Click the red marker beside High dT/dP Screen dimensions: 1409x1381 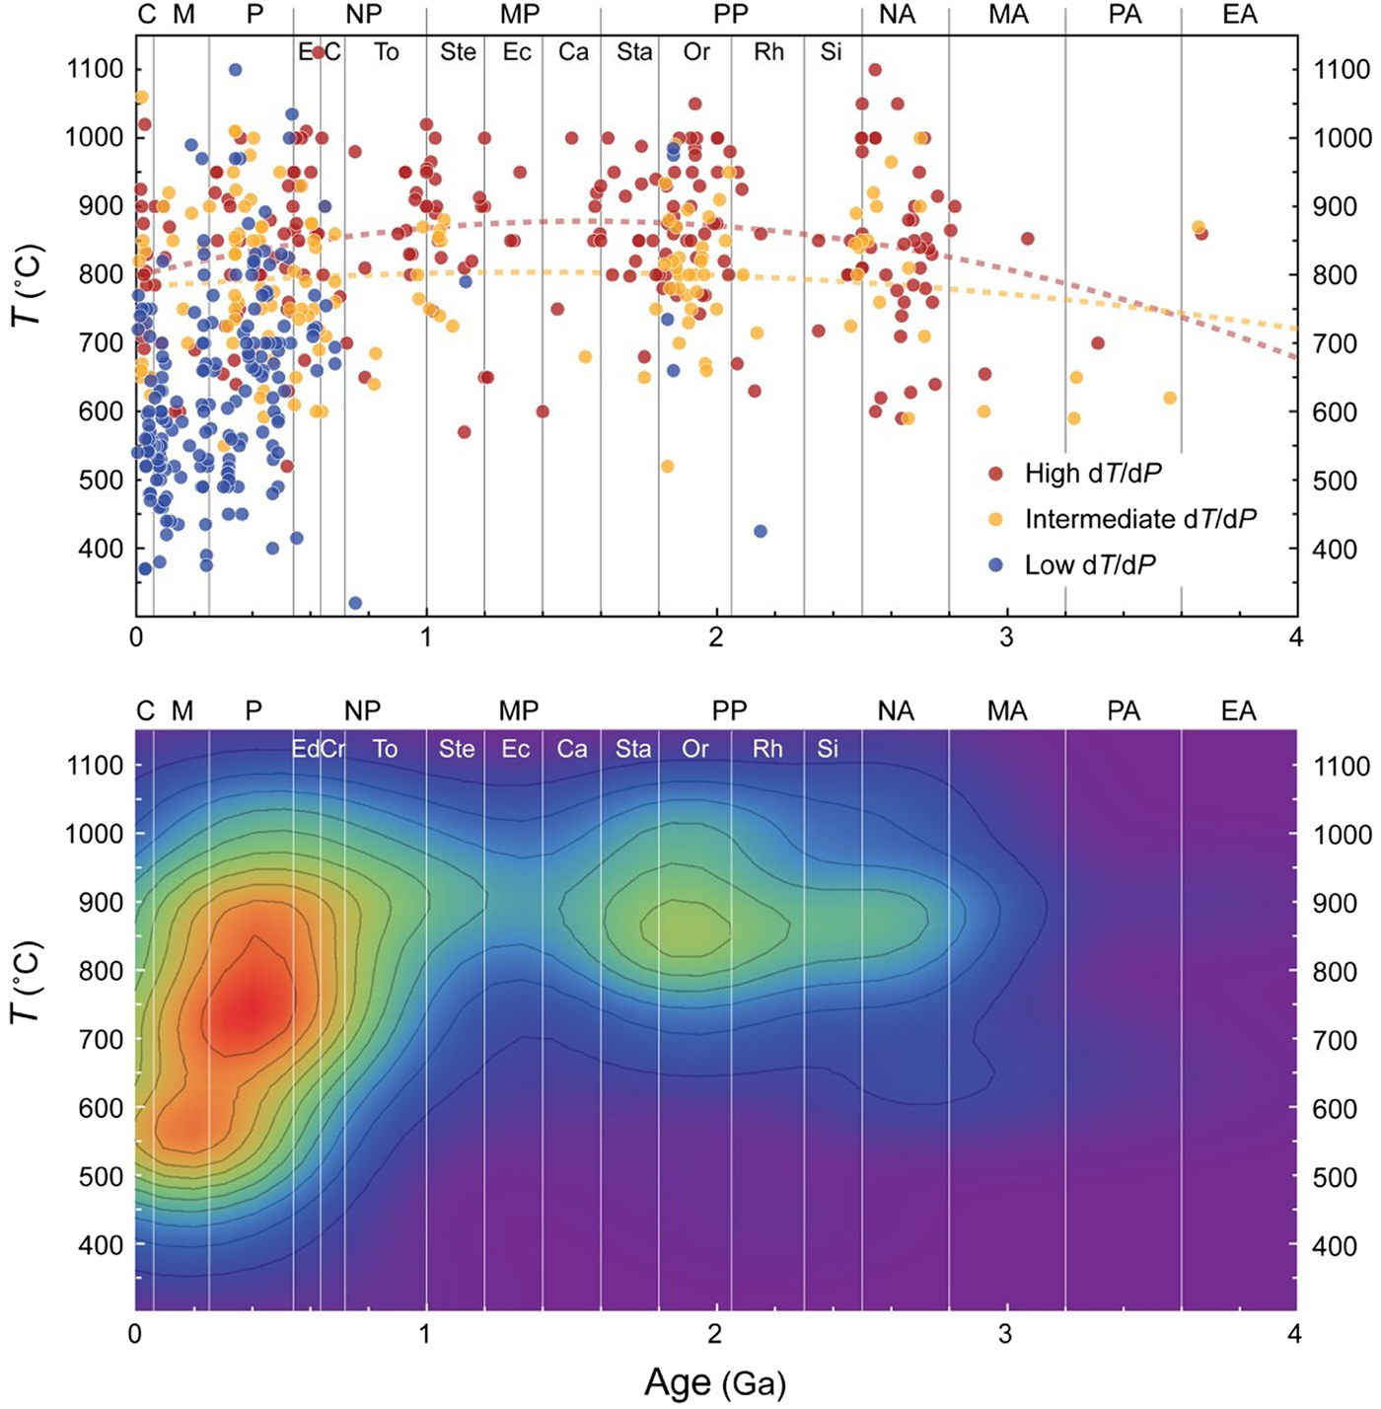tap(996, 474)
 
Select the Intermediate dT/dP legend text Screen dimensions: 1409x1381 tap(1140, 519)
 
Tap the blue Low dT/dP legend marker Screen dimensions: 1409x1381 tap(996, 565)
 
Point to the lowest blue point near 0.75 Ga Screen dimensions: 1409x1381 tap(355, 603)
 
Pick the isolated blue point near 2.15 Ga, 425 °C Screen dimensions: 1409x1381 tap(761, 532)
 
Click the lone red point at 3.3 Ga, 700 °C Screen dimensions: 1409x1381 tap(1098, 343)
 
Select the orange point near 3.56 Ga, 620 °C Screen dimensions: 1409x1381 tap(1170, 398)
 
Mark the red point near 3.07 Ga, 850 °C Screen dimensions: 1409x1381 tap(1028, 239)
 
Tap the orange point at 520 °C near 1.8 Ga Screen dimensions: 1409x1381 tap(668, 466)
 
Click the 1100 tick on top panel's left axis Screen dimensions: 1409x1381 tap(96, 69)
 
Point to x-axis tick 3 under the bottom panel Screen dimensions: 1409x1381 tap(1005, 1335)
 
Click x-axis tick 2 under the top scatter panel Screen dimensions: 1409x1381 tap(715, 637)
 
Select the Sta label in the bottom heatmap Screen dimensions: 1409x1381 tap(633, 749)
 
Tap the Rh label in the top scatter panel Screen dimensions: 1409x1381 tap(768, 51)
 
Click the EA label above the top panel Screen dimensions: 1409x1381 tap(1239, 15)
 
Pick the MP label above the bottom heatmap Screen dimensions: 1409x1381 tap(519, 710)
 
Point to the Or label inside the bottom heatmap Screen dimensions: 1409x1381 tap(695, 749)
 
